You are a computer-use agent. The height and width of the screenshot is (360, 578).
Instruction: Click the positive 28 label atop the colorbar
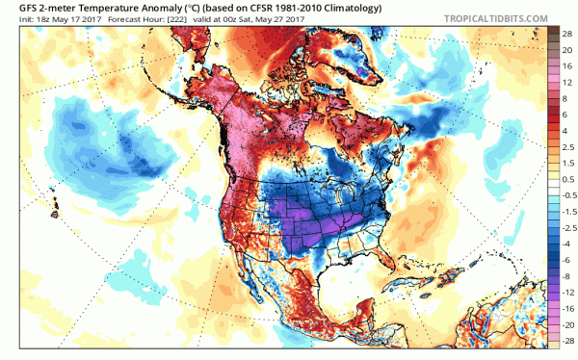(568, 33)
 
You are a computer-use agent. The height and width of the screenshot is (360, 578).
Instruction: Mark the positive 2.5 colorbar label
(568, 144)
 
